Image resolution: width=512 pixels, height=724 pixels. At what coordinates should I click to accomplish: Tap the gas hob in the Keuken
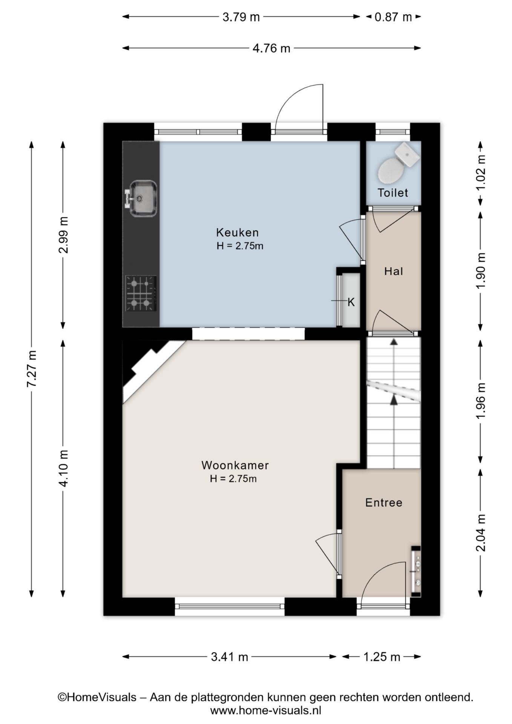[x=141, y=293]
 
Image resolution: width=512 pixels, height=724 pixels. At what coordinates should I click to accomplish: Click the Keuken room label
[x=237, y=232]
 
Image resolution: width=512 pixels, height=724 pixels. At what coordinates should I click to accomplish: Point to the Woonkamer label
[x=235, y=465]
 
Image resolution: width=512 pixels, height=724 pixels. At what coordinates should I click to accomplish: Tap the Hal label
[x=394, y=271]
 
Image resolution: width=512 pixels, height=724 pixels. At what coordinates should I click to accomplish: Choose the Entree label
[x=384, y=502]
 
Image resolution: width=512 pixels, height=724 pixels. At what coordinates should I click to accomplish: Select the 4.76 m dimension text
[x=271, y=48]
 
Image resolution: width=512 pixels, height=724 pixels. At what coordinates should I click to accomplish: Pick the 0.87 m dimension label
[x=393, y=17]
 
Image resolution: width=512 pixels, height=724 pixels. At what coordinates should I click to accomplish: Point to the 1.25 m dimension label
[x=382, y=657]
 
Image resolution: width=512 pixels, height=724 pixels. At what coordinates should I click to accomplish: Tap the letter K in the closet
[x=351, y=302]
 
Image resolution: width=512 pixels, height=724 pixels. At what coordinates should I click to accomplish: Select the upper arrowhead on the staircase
[x=394, y=342]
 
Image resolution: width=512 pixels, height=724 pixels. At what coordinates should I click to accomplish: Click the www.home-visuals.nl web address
[x=265, y=711]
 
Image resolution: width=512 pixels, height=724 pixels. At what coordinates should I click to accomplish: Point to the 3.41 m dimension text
[x=229, y=657]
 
